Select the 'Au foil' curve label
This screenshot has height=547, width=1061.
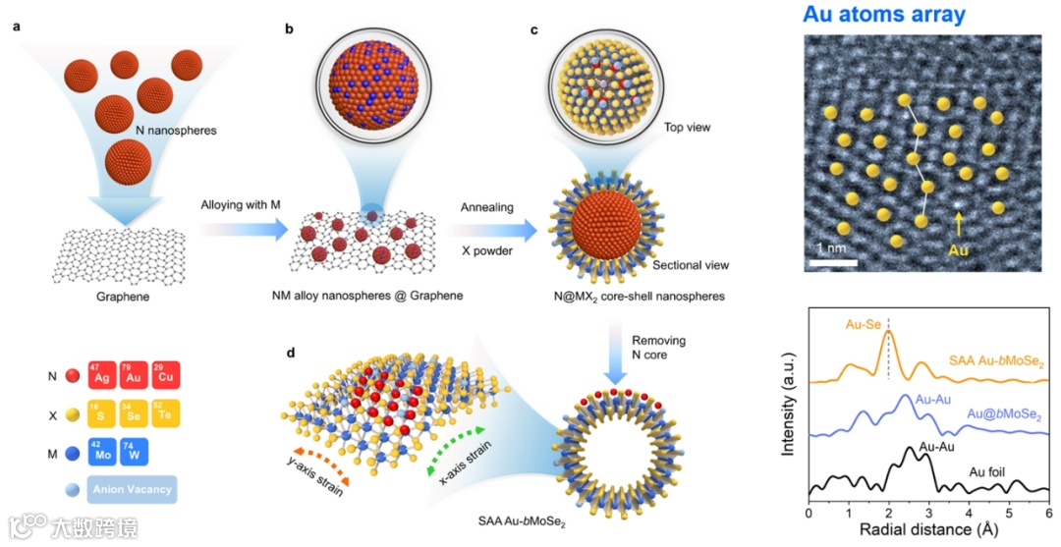click(995, 470)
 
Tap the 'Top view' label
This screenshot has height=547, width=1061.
click(687, 127)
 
